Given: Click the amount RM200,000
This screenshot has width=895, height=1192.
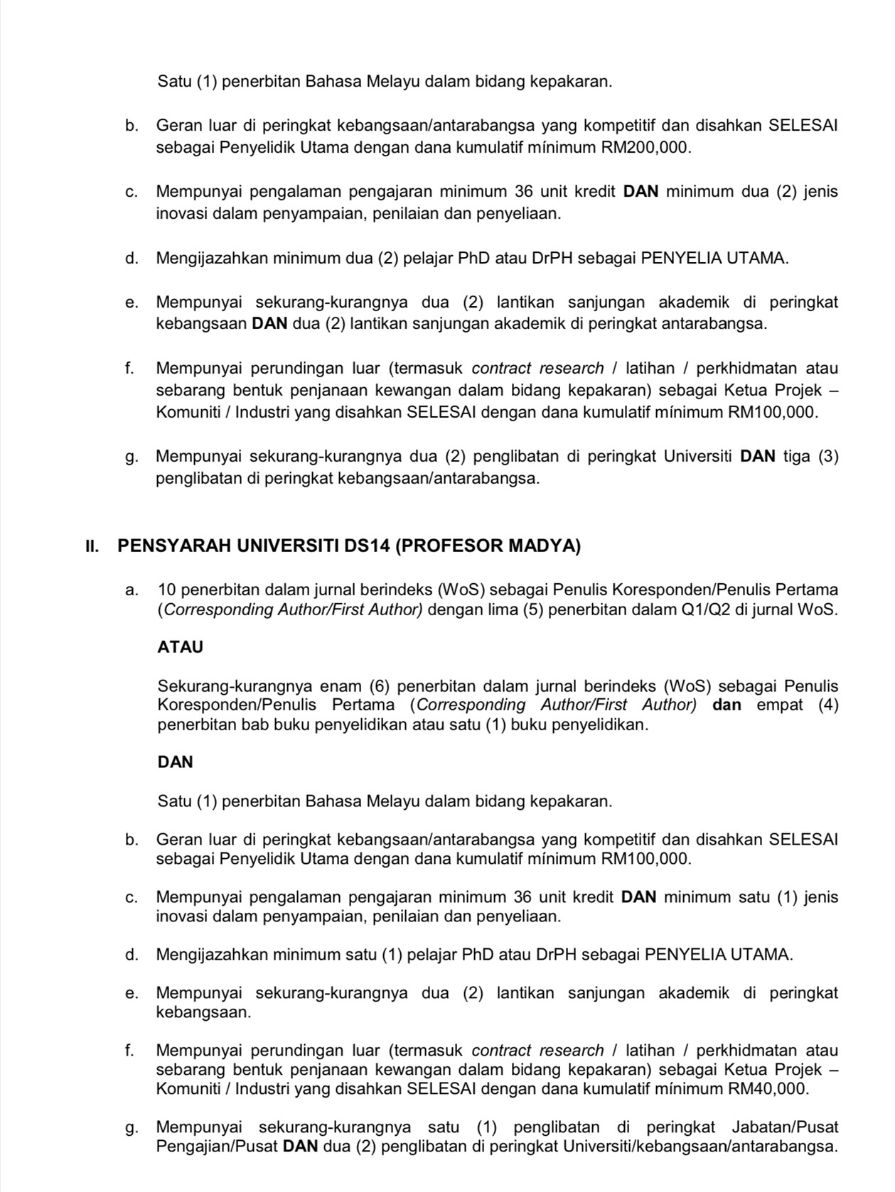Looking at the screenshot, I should coord(645,148).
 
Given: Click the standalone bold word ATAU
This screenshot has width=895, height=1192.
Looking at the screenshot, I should coord(180,647).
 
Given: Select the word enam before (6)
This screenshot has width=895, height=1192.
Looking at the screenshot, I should coord(342,686).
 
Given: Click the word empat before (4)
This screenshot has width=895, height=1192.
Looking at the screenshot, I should coord(778,705).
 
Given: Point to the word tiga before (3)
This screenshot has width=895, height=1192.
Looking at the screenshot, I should coord(798,456).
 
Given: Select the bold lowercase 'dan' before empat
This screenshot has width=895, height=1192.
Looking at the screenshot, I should coord(727,705).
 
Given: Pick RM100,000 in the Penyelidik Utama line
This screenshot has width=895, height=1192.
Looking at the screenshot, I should coord(645,859).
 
